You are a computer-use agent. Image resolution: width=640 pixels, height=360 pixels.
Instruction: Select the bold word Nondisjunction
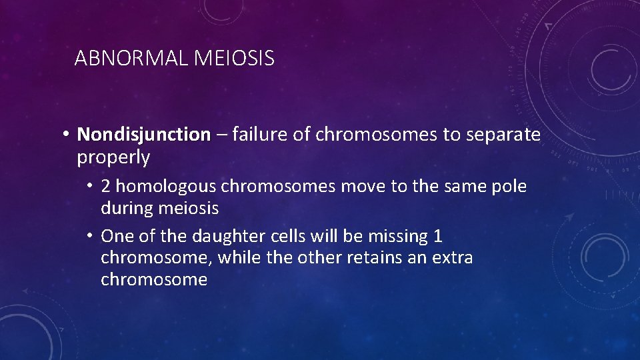[143, 135]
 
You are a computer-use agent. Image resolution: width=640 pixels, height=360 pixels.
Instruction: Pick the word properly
[113, 158]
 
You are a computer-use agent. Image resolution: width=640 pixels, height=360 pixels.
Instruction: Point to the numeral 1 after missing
[437, 236]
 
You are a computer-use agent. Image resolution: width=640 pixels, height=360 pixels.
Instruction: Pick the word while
[239, 258]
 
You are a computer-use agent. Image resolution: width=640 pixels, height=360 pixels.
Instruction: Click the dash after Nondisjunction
[221, 135]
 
